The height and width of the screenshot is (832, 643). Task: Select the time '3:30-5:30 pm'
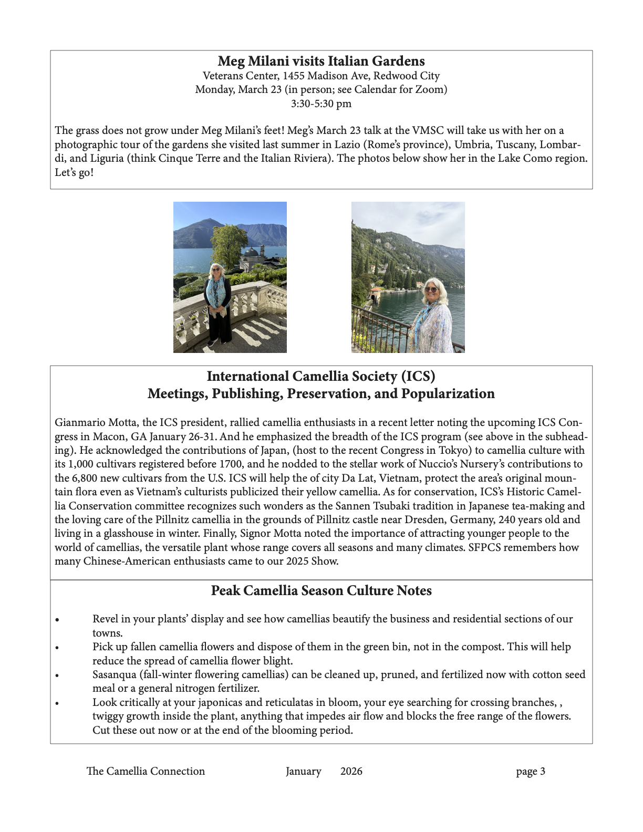click(321, 103)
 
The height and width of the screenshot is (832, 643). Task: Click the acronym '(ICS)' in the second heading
click(418, 376)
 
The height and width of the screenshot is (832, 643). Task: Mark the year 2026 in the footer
click(351, 771)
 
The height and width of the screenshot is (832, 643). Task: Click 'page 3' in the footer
click(530, 771)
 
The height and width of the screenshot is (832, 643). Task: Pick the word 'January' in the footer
click(303, 771)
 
